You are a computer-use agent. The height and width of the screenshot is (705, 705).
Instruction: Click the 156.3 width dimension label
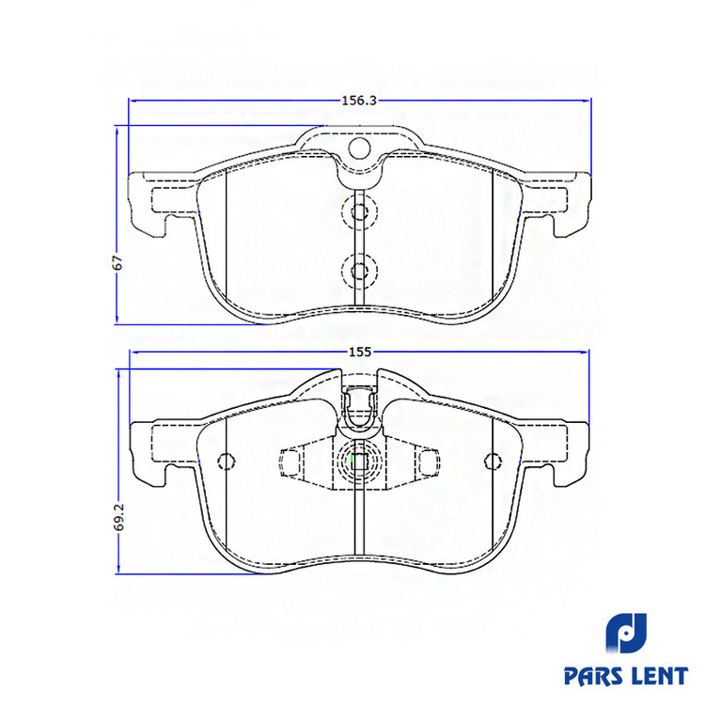(359, 101)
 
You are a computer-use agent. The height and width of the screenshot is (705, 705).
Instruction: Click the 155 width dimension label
(360, 352)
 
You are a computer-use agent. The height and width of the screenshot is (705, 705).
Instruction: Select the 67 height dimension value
(117, 262)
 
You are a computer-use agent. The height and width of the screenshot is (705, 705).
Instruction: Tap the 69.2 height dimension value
(118, 517)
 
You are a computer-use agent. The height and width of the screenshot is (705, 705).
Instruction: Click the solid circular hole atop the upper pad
(359, 148)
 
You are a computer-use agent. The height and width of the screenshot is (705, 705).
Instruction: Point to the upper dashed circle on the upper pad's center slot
(359, 211)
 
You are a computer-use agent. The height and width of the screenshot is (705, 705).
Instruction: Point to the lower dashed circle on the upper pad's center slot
(359, 271)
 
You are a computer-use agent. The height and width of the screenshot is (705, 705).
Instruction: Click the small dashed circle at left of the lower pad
(226, 461)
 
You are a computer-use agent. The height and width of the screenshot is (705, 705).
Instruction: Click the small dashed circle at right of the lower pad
(493, 461)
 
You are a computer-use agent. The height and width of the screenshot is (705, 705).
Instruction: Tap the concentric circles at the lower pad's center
(359, 462)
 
